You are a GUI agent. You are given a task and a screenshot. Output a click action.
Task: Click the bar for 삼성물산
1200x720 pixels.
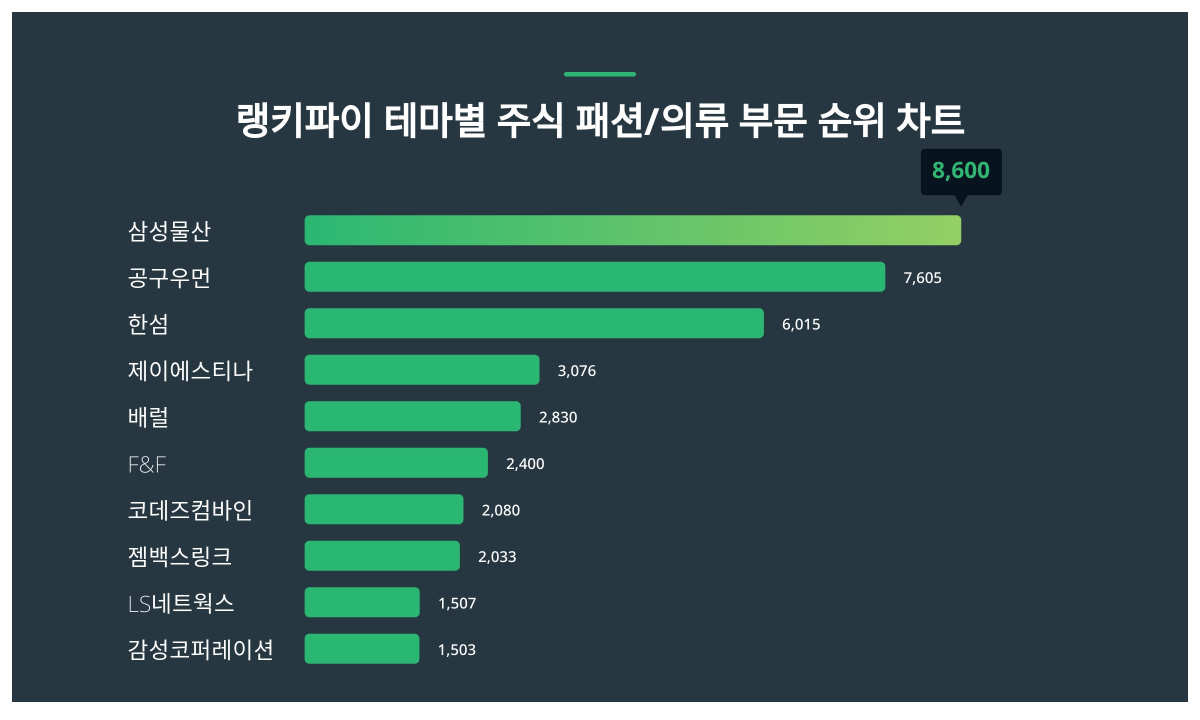[x=632, y=230]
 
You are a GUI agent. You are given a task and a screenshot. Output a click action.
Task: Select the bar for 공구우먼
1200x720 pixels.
[x=594, y=276]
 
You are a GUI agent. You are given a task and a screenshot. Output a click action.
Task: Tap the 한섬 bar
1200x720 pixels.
[x=534, y=323]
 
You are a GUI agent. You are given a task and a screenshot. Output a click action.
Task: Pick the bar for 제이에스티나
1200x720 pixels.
[x=421, y=369]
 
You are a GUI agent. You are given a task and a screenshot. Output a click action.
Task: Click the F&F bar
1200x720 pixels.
[x=396, y=462]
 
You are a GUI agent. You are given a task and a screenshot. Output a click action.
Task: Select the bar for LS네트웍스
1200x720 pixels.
[x=362, y=602]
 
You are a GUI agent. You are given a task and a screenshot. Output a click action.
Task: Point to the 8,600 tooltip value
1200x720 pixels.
[x=960, y=170]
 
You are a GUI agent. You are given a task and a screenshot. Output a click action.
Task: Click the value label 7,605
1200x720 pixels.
[x=922, y=277]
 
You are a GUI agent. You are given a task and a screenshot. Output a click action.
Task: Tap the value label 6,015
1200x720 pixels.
[x=800, y=324]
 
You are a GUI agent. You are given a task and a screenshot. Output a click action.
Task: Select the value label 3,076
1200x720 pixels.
[x=576, y=370]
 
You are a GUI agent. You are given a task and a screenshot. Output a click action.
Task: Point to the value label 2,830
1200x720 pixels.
[x=557, y=417]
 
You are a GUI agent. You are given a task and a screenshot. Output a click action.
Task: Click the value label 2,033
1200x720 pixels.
[x=497, y=556]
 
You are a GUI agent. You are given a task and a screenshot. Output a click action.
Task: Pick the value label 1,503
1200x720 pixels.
[x=456, y=649]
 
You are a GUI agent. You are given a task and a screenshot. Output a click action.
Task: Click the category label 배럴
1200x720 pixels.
[x=148, y=416]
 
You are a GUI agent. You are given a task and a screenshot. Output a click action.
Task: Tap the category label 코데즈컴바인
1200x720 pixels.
[x=190, y=509]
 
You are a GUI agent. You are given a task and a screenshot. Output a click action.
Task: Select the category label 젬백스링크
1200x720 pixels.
[x=180, y=556]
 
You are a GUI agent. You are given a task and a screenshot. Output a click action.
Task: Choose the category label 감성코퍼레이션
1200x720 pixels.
[x=200, y=649]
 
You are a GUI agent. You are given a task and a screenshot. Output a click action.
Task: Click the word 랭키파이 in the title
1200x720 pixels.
[x=304, y=120]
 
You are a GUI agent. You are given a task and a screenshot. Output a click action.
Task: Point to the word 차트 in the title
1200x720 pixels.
[x=930, y=120]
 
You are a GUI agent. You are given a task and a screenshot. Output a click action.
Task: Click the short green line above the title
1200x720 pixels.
[x=599, y=74]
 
